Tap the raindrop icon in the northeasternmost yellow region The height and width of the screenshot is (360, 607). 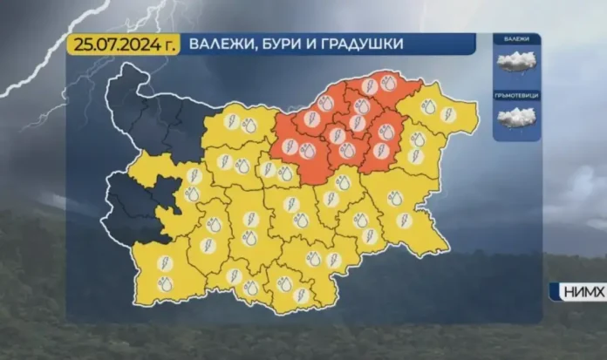(x=429, y=110)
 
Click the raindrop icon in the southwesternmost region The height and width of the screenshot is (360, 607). (x=164, y=283)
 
